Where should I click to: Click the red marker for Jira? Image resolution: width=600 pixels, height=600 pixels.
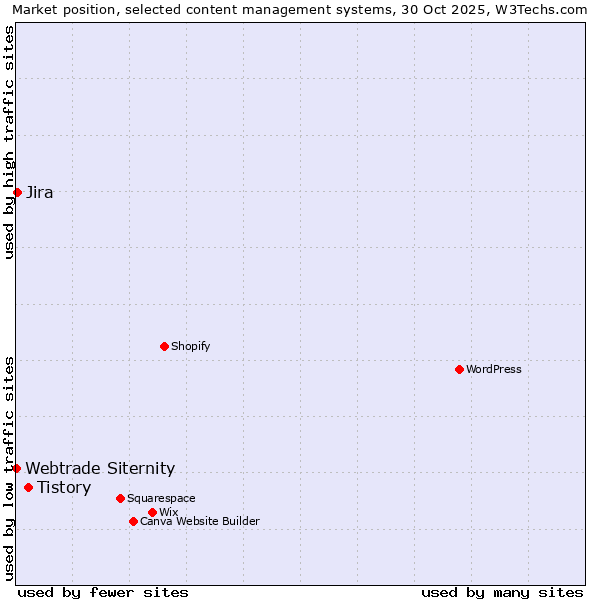(x=17, y=192)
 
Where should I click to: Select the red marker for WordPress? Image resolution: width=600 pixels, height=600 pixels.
(x=459, y=369)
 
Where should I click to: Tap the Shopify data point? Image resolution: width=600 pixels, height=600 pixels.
(x=164, y=346)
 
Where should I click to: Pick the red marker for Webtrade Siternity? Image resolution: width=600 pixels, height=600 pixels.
(x=16, y=468)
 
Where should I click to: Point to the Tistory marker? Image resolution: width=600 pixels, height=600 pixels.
(x=28, y=488)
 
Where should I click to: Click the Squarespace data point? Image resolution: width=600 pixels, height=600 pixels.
(x=120, y=498)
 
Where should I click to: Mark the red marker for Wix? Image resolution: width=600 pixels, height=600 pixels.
(x=152, y=512)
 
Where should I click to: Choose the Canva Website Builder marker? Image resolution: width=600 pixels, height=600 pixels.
(x=133, y=521)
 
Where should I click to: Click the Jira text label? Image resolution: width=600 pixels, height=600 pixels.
(x=40, y=193)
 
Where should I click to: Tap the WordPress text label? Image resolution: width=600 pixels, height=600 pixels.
(x=494, y=369)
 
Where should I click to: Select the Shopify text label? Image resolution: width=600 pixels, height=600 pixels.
(x=191, y=346)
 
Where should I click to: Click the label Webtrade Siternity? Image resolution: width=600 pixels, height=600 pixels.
(x=100, y=468)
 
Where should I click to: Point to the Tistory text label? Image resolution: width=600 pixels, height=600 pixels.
(x=64, y=488)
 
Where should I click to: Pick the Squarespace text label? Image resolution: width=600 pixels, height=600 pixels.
(x=161, y=498)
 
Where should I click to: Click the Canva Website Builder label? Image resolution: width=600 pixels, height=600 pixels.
(x=200, y=521)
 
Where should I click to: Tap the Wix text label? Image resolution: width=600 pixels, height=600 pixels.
(x=169, y=512)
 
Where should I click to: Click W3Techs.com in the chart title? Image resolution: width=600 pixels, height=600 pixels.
(x=545, y=9)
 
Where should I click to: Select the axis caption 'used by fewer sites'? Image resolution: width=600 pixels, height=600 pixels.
(x=103, y=592)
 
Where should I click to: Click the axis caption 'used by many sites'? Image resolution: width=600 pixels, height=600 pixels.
(x=502, y=592)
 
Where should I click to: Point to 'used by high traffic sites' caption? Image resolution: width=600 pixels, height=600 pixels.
(x=9, y=142)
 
